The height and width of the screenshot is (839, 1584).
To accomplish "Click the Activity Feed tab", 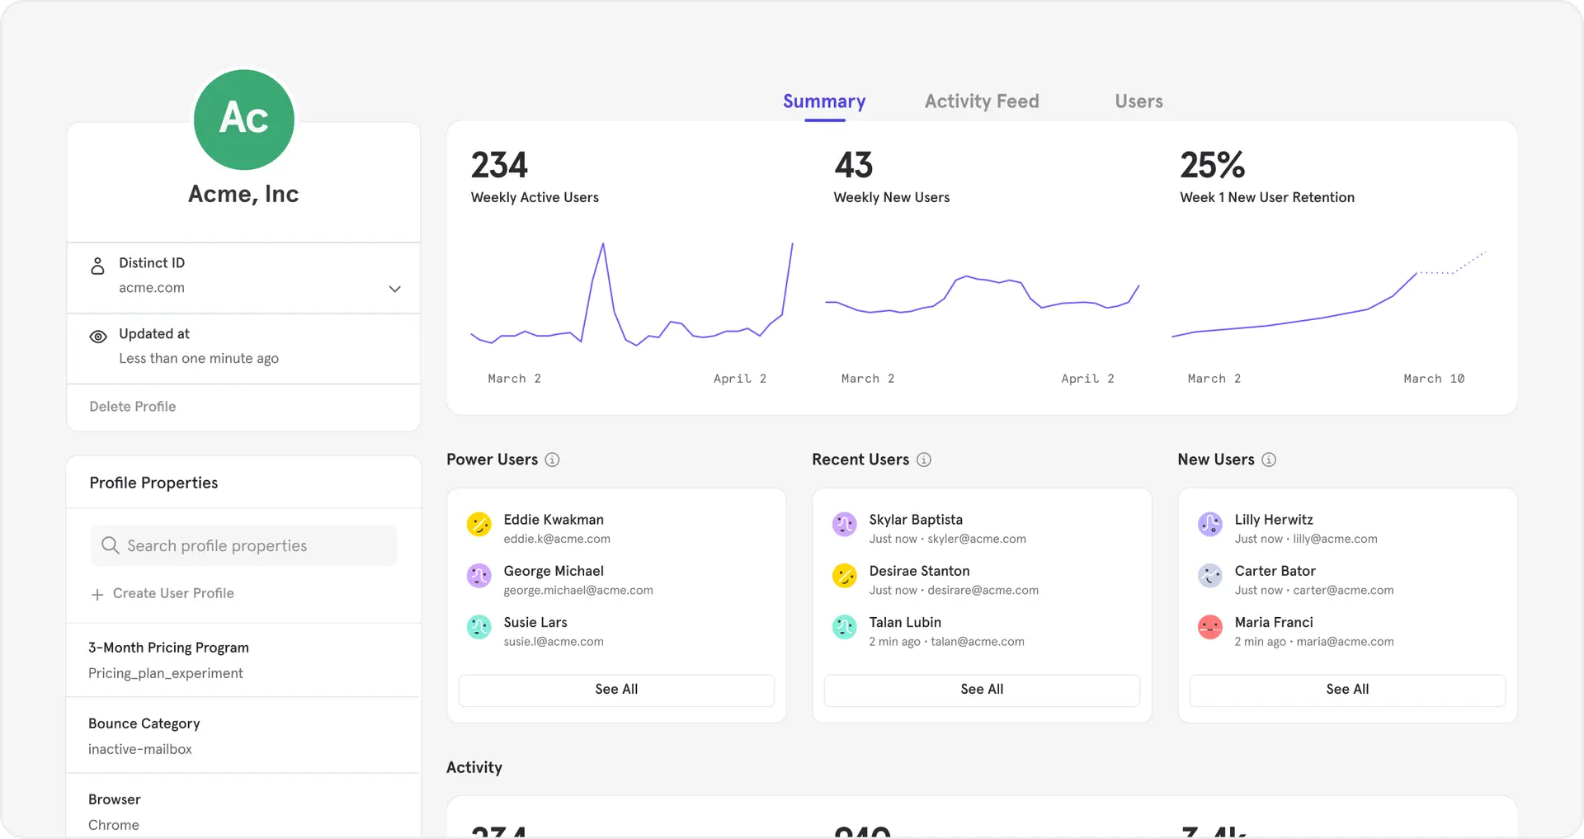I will click(x=982, y=101).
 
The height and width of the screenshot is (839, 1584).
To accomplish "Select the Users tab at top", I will click(x=1138, y=101).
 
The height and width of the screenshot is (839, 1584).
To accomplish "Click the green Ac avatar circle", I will click(x=244, y=120).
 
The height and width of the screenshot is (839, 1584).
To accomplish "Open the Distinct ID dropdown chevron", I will click(x=394, y=289).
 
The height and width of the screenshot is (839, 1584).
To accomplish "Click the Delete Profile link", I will click(x=133, y=407).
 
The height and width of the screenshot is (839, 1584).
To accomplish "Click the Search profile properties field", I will click(x=243, y=545).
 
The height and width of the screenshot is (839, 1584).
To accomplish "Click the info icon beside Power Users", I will click(x=552, y=460).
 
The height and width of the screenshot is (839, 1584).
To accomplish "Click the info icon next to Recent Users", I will click(x=924, y=460).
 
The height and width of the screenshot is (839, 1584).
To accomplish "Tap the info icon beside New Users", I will click(x=1269, y=460).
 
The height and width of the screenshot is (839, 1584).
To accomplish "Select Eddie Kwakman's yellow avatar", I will click(x=478, y=524).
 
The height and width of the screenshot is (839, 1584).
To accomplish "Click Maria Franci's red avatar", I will click(x=1209, y=627).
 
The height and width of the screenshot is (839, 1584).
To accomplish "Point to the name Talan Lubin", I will click(x=905, y=622).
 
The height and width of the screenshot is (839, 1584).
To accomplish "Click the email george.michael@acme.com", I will click(x=578, y=591).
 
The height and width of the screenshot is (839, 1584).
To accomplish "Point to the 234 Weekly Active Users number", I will click(x=499, y=165).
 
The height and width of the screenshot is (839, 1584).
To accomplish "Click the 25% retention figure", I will click(x=1212, y=165).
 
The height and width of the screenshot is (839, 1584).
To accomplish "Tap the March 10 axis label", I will click(x=1434, y=379).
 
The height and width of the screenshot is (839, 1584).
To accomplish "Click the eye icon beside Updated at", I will click(x=98, y=337).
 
